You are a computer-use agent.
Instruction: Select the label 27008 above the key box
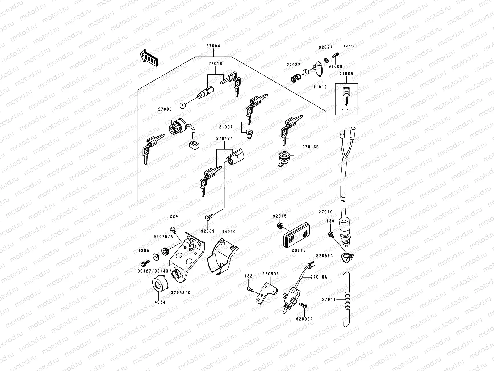click(346, 74)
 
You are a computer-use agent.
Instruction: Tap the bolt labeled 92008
click(336, 56)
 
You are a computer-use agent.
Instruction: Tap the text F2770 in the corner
click(349, 46)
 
